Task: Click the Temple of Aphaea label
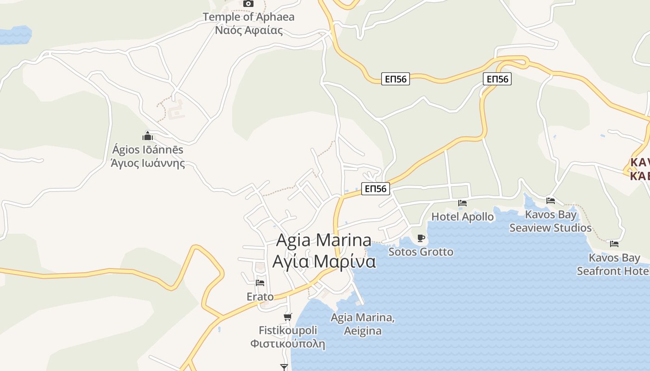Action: coord(248,17)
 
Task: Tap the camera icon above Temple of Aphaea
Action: coord(248,4)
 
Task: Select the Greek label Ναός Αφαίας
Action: coord(248,31)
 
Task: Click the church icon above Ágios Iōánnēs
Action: coord(148,136)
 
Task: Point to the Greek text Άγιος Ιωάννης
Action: coord(148,163)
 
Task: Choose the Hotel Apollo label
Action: coord(462,217)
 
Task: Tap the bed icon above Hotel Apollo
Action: coord(462,203)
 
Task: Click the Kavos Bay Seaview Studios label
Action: coord(551,221)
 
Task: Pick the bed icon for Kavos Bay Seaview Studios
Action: coord(551,201)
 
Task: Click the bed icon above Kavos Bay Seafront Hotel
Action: coord(614,243)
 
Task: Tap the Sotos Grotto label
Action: coord(421,252)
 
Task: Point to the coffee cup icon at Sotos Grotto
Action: coord(421,238)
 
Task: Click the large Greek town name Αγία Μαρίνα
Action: coord(324,262)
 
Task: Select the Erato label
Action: coord(260,296)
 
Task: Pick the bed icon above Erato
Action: coord(260,282)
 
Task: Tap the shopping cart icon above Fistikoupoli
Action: coord(288,317)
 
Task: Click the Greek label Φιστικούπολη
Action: coord(288,344)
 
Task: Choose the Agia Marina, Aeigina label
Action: coord(363,324)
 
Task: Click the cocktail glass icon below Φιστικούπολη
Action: coord(284,367)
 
